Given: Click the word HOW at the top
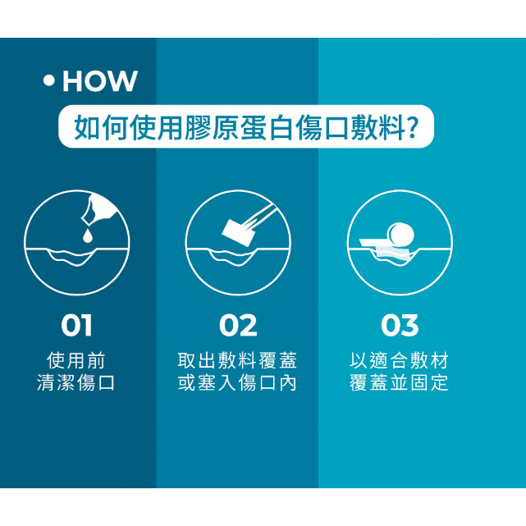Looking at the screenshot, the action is (100, 81).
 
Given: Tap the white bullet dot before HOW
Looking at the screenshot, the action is (49, 80).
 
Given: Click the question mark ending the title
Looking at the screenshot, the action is (412, 127).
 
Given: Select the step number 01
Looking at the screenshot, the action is (76, 325).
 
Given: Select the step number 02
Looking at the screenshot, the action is (238, 325).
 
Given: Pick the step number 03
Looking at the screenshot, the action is (400, 325).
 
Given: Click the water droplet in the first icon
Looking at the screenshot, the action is (87, 236).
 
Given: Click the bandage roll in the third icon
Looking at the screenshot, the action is (400, 234).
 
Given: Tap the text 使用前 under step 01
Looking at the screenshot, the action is (76, 360).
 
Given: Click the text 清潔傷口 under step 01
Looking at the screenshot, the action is (75, 382).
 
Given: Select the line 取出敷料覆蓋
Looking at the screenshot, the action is (237, 360).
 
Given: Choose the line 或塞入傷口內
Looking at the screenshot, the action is (237, 382).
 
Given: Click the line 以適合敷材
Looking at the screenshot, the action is (399, 360).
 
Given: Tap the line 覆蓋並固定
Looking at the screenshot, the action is (399, 382).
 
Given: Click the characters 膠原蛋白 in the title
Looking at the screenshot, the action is (240, 127).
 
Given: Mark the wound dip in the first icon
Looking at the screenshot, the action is (71, 258).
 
